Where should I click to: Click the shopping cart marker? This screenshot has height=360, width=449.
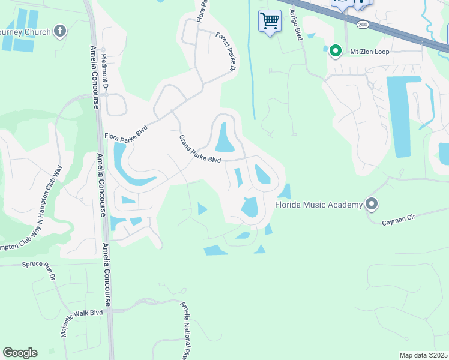coord(270,21)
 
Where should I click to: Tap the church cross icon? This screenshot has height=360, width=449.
coord(59,31)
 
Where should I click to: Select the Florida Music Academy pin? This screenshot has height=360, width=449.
coord(372,205)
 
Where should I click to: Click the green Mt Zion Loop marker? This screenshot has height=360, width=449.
coord(336,52)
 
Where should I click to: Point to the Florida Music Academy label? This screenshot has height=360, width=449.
coord(318,205)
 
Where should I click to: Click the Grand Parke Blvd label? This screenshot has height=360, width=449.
coord(200,149)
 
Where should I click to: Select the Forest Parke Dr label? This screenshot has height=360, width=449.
coord(224,52)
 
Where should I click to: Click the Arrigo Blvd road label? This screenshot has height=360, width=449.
coord(295,25)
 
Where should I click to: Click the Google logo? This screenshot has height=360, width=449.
coord(20,353)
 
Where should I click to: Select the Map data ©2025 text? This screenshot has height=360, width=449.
coord(423,355)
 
